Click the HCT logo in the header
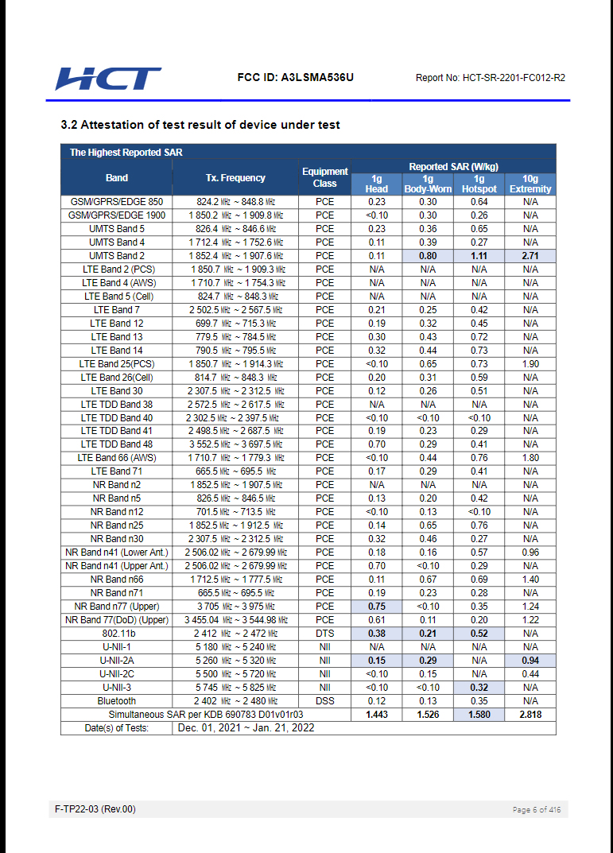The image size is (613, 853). click(x=108, y=79)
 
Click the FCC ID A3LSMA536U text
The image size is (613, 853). click(x=295, y=78)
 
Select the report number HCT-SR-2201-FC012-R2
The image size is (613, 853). click(x=491, y=78)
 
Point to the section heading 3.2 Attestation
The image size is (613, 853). click(x=200, y=125)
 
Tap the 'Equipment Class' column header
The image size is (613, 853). click(x=324, y=177)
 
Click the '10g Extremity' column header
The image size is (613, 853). click(x=530, y=184)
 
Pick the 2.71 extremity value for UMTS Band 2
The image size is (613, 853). click(x=530, y=256)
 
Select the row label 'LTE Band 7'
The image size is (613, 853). click(x=117, y=310)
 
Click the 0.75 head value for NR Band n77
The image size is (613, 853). click(x=377, y=607)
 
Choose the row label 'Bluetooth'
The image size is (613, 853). click(x=117, y=701)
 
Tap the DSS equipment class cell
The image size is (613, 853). click(x=324, y=701)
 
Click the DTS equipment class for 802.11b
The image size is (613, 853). click(x=324, y=634)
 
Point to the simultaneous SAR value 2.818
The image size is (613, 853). click(x=530, y=715)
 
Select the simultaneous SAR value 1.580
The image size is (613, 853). click(x=479, y=715)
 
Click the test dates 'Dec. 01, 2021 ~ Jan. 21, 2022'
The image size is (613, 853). click(x=246, y=728)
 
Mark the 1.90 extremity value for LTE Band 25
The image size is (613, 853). click(x=530, y=364)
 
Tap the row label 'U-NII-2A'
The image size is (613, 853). click(x=117, y=661)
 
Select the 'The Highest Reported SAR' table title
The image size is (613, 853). click(x=121, y=152)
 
